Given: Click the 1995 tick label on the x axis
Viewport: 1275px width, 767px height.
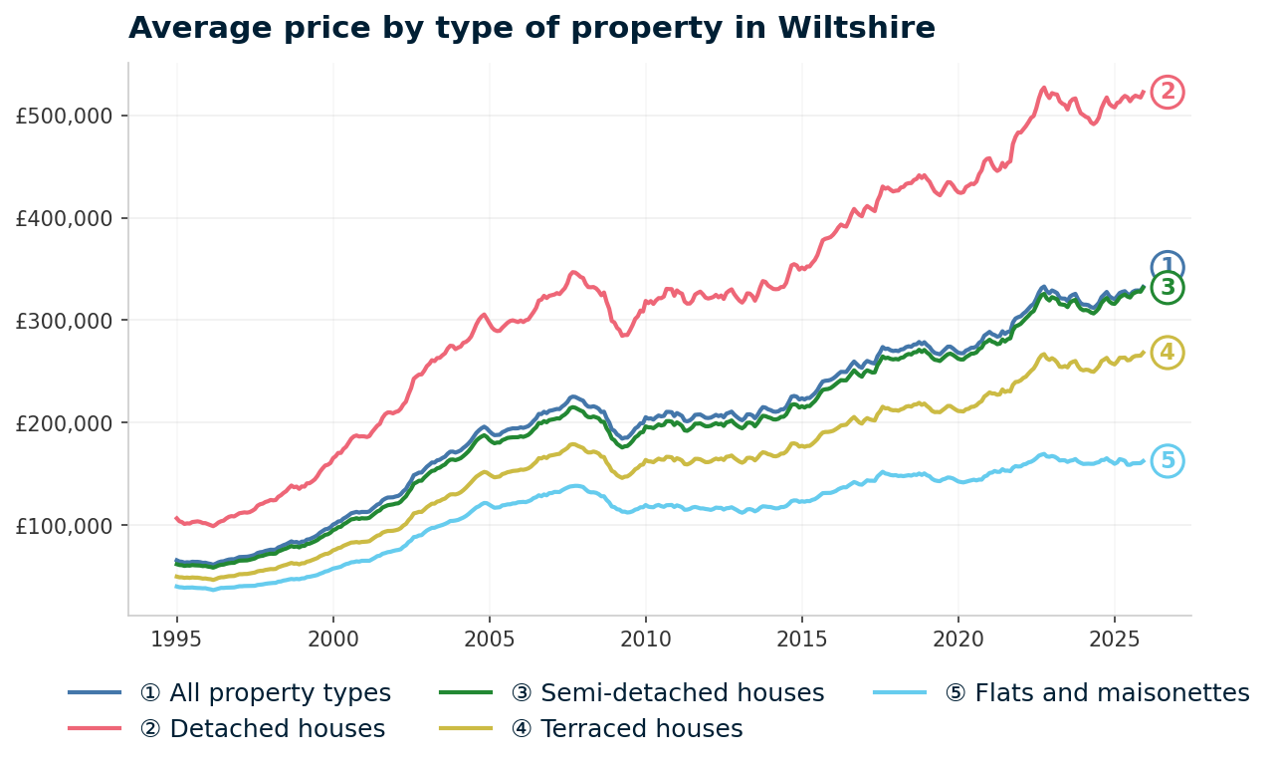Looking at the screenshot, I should pyautogui.click(x=176, y=637).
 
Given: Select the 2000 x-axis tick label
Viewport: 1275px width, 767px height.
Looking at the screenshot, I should pyautogui.click(x=332, y=637).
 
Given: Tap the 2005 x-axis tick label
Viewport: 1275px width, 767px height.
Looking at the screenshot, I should pyautogui.click(x=489, y=637).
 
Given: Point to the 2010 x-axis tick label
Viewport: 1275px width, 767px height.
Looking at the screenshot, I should pyautogui.click(x=645, y=637).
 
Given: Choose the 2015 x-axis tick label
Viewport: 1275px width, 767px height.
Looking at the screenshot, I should pyautogui.click(x=801, y=637).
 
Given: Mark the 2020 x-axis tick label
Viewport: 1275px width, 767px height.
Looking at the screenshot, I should pyautogui.click(x=957, y=637).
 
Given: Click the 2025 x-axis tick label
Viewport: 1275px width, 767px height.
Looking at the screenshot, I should pyautogui.click(x=1114, y=637).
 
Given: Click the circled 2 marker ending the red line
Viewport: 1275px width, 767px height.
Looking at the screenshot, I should pyautogui.click(x=1168, y=93).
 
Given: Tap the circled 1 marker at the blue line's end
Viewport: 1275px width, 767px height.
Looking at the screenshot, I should pyautogui.click(x=1168, y=266).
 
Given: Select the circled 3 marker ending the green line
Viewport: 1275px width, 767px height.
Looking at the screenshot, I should pyautogui.click(x=1168, y=288).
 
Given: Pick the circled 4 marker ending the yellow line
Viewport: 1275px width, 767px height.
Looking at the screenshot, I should pyautogui.click(x=1168, y=353).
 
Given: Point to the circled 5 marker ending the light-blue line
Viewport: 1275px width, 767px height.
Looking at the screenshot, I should pyautogui.click(x=1168, y=460).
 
